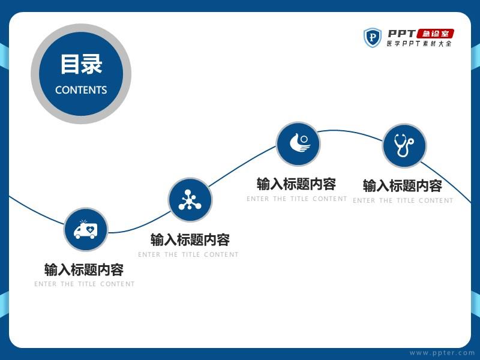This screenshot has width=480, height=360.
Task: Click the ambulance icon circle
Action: click(x=86, y=230)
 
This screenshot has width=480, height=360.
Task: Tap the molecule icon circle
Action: click(x=190, y=200)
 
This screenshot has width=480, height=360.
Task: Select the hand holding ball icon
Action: click(x=300, y=143)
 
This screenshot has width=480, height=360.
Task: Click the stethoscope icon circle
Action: click(x=404, y=146)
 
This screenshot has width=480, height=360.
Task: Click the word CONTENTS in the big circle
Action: click(x=81, y=90)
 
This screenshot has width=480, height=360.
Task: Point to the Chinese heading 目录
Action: click(x=81, y=64)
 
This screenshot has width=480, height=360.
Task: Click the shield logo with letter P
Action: click(x=372, y=38)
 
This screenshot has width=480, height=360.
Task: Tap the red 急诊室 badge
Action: click(x=436, y=34)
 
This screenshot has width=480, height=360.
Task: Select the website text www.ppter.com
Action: click(x=442, y=353)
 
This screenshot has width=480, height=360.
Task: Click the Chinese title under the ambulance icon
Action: click(x=84, y=269)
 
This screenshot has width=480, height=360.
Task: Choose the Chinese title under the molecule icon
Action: click(x=190, y=239)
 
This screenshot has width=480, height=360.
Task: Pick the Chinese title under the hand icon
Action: click(x=296, y=184)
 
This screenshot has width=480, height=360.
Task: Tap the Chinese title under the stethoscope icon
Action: click(x=403, y=186)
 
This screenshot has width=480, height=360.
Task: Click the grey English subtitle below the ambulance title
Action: click(x=85, y=284)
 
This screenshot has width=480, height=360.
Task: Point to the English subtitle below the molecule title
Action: click(x=188, y=254)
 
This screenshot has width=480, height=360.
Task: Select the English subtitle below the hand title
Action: click(x=297, y=199)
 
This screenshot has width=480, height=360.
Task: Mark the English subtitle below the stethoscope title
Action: click(x=403, y=200)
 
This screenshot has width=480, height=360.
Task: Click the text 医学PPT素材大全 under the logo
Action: click(x=419, y=43)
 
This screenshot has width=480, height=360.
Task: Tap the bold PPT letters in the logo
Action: click(x=401, y=34)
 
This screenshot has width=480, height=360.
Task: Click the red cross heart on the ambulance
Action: click(x=91, y=229)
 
